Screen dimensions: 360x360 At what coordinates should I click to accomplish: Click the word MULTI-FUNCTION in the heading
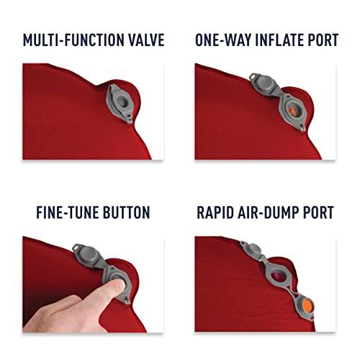pos(73,40)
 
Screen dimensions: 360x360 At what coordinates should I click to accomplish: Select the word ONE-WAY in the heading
pos(222,40)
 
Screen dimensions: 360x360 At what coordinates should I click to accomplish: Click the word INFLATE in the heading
pos(279,40)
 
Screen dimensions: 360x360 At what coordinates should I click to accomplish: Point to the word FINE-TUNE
pos(68,212)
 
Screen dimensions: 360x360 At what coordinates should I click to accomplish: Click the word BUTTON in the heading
pos(127,212)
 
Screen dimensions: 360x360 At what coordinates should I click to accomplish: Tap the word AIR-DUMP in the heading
pos(269,212)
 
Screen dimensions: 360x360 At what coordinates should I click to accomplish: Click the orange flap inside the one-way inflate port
pos(292,110)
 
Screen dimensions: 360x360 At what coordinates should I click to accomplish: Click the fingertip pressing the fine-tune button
pos(118,285)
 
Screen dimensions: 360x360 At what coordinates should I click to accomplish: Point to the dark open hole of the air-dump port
pos(279,278)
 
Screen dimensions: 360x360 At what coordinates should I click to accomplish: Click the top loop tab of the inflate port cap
pos(253,76)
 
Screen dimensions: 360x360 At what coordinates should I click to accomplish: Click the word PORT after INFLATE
pos(323,40)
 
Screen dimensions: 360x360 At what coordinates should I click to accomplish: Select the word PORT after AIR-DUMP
pos(320,212)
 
